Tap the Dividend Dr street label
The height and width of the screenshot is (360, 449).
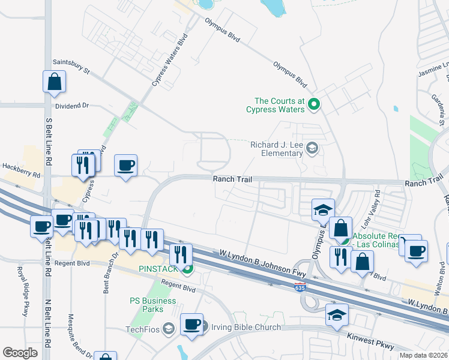click(71, 105)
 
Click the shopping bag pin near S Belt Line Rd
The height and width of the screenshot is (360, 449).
click(54, 83)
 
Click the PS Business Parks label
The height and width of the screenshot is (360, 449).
click(146, 305)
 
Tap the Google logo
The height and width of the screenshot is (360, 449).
click(20, 353)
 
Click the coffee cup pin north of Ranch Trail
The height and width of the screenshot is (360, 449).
click(125, 166)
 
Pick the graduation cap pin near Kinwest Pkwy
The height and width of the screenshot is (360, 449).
click(337, 314)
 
